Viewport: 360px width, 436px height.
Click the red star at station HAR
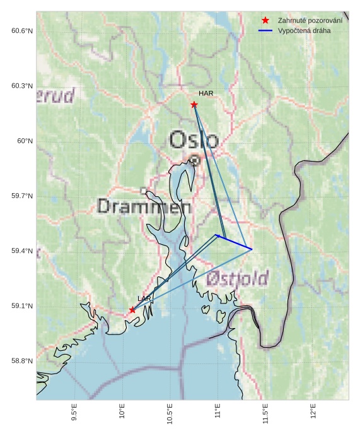[x=194, y=105]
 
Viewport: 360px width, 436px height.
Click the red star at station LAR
[x=132, y=310]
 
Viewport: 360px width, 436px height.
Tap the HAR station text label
[x=206, y=93]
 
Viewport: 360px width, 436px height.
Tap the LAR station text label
[x=144, y=298]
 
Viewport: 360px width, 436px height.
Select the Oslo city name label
[x=194, y=140]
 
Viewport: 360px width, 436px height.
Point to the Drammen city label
[x=145, y=206]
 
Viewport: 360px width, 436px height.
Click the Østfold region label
[x=237, y=278]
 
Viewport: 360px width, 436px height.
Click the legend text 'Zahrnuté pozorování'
[x=310, y=21]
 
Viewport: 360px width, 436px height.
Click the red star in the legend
[x=265, y=21]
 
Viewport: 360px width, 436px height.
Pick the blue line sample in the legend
[x=265, y=30]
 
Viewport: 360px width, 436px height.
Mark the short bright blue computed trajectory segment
[x=234, y=242]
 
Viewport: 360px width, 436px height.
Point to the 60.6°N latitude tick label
[x=21, y=31]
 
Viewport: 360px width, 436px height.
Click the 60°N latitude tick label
[x=25, y=141]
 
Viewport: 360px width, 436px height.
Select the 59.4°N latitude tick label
[x=21, y=251]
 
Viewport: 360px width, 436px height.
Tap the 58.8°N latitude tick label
[x=21, y=361]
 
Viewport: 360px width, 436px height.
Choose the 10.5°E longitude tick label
[x=170, y=414]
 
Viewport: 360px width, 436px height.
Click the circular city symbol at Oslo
[x=195, y=160]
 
